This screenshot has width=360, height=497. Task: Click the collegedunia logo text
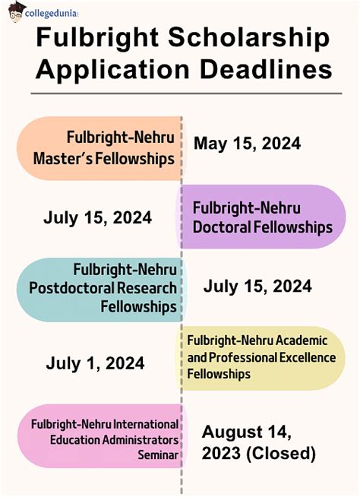click(51, 14)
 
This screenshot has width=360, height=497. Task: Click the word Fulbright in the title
click(97, 38)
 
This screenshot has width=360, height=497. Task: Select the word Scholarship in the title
click(249, 38)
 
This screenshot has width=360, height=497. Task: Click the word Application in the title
click(112, 70)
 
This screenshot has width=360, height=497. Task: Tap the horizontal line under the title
click(186, 93)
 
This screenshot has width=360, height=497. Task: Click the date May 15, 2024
click(247, 144)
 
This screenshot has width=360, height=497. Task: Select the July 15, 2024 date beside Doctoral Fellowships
click(98, 218)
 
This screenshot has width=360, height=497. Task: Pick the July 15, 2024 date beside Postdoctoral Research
click(257, 286)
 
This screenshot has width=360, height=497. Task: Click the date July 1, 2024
click(95, 363)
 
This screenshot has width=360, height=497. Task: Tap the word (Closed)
click(281, 453)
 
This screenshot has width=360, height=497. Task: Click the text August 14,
click(246, 432)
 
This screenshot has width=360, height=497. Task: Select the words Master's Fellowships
click(104, 159)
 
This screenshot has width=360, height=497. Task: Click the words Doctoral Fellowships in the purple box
click(262, 227)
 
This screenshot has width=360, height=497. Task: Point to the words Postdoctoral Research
click(103, 288)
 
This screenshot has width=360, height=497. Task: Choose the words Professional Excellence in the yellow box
click(272, 357)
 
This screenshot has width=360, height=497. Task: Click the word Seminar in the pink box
click(158, 455)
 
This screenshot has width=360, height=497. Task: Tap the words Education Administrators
click(114, 440)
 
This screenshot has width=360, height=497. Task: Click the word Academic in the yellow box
click(302, 340)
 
